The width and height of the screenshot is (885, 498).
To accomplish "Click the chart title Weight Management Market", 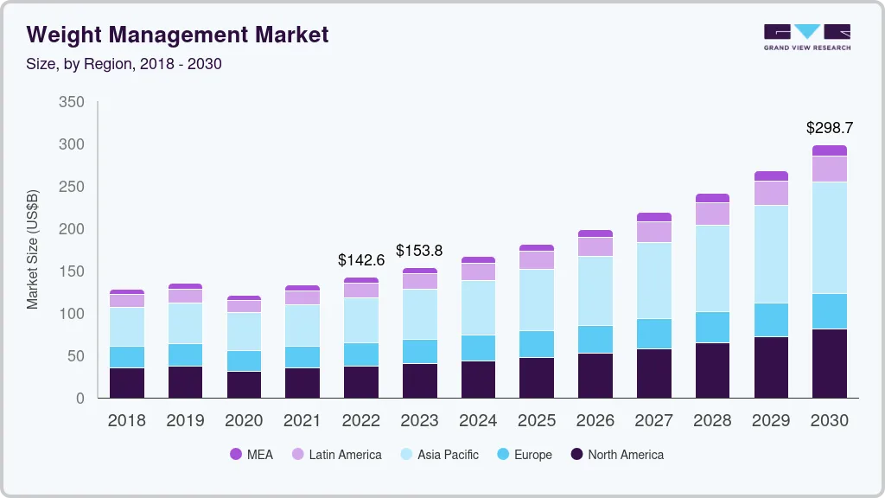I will [177, 35].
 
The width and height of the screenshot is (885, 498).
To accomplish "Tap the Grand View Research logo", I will [806, 36].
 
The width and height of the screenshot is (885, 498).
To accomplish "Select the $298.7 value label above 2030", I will [829, 128].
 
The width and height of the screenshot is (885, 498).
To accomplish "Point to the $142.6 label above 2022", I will [360, 259].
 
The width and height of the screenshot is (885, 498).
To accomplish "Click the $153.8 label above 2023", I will [419, 251].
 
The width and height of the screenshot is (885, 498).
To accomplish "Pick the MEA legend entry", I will [251, 455].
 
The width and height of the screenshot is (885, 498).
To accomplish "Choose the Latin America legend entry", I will [336, 455].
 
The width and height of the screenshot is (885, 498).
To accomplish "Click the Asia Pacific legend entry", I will [438, 455].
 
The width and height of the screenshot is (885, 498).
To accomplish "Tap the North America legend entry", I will [616, 455].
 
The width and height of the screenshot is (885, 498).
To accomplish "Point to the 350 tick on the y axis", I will [72, 102].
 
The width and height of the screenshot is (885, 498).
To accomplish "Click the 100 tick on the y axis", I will [72, 314].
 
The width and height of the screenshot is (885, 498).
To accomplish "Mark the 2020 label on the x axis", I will [244, 421].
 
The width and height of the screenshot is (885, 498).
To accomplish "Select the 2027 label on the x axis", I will [653, 421].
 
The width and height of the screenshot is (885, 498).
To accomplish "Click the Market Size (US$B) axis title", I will [33, 250].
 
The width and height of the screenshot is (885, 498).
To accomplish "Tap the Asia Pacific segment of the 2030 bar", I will [829, 238].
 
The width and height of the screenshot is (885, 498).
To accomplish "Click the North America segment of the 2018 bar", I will [126, 383].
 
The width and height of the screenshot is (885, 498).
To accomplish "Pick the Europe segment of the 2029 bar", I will [771, 320].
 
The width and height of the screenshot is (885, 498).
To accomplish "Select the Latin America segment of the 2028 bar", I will [712, 214].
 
